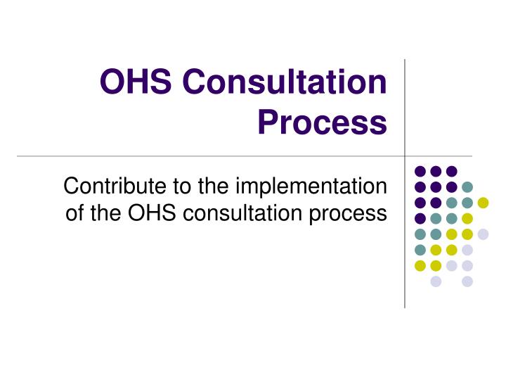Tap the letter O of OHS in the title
[x=112, y=83]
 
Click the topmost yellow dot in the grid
[x=483, y=203]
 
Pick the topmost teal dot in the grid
[x=467, y=187]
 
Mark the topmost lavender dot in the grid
[x=483, y=234]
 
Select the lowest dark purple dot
[x=420, y=218]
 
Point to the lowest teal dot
[x=420, y=250]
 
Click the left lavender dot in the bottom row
[x=436, y=281]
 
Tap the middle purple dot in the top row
[x=436, y=171]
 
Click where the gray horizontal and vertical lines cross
[x=406, y=156]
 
